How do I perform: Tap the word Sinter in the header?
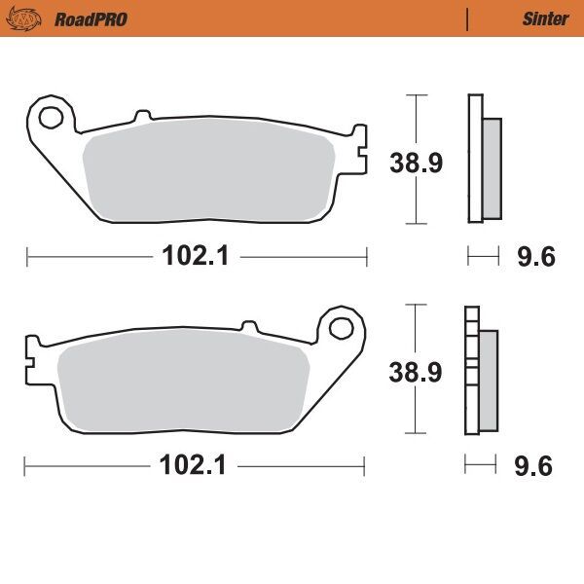(545, 18)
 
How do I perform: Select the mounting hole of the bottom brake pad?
(342, 326)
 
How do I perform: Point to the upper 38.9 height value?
(416, 163)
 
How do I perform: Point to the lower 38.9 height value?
(416, 371)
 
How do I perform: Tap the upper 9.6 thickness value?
(534, 257)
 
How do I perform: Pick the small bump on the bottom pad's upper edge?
(249, 327)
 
